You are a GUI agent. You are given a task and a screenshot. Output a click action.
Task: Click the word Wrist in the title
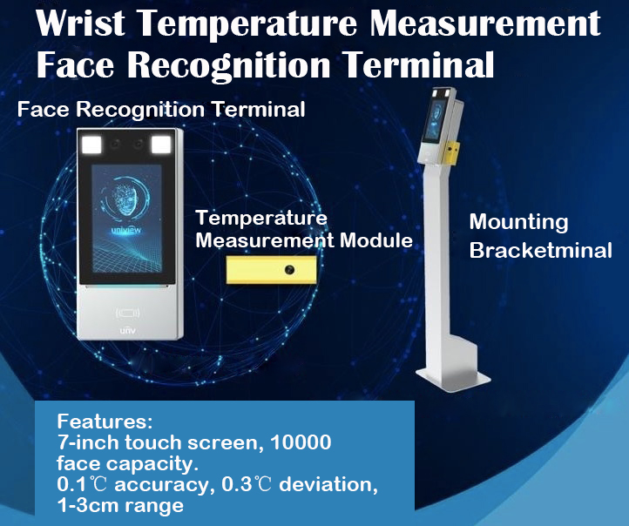point(81,23)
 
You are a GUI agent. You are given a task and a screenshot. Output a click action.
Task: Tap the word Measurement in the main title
point(485,23)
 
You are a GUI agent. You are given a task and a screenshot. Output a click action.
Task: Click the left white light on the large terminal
point(91,145)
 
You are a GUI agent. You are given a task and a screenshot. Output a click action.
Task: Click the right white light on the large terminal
point(161,145)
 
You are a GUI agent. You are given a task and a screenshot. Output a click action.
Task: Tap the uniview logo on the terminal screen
point(126,231)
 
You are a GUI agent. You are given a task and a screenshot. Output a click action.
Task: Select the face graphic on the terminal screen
point(125,199)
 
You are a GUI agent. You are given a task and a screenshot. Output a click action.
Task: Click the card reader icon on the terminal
point(127,313)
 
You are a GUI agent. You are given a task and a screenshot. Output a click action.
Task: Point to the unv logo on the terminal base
point(127,331)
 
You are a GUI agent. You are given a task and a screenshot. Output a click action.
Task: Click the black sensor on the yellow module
point(289,270)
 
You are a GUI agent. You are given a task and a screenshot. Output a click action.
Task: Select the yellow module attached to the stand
point(450,152)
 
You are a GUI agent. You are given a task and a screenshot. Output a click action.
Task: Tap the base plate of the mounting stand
point(453,378)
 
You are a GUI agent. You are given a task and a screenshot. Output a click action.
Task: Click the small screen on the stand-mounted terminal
point(435,119)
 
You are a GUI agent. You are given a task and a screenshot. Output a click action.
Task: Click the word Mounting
point(518,223)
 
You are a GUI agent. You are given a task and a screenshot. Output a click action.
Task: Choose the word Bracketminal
point(540,251)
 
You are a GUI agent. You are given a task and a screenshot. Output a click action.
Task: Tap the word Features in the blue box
point(105,421)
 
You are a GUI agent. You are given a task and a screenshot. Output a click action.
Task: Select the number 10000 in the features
point(301,442)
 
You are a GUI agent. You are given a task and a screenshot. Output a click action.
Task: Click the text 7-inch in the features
point(88,442)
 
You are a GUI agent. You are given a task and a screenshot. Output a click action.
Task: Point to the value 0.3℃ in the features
point(247,484)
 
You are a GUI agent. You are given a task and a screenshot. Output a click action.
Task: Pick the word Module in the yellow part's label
point(375,240)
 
